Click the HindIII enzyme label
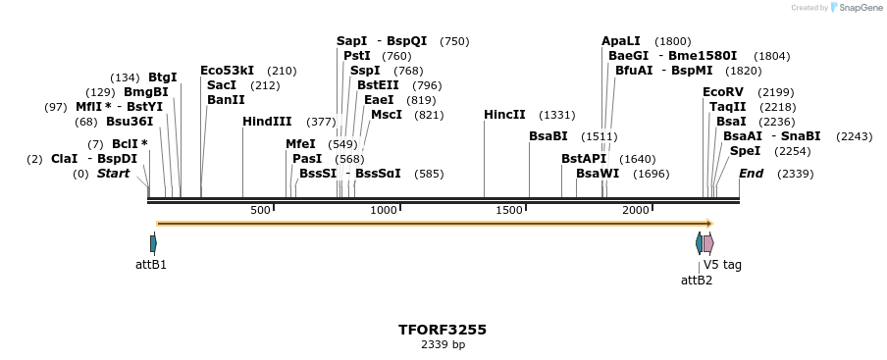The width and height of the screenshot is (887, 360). (x=267, y=122)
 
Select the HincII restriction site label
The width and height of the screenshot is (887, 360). (x=504, y=115)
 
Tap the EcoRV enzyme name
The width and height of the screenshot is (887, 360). (x=722, y=92)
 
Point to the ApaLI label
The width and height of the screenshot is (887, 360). (x=620, y=41)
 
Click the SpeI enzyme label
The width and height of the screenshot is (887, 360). (x=745, y=151)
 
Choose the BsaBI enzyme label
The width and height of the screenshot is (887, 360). (x=548, y=136)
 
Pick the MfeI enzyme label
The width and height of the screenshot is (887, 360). (x=300, y=144)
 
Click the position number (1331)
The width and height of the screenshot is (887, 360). (x=557, y=115)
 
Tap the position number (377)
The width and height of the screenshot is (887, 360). (x=321, y=122)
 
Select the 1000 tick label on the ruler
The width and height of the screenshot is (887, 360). (x=384, y=211)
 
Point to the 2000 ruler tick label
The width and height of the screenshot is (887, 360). (x=636, y=211)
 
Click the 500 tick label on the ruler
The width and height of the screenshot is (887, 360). (x=260, y=211)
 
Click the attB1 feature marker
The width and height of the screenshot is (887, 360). (x=153, y=243)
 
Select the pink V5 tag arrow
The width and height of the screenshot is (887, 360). (x=708, y=243)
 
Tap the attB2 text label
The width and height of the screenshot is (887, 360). (x=697, y=281)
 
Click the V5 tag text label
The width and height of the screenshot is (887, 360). (x=722, y=265)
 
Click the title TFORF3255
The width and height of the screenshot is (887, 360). (x=443, y=330)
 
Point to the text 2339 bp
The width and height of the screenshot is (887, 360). (x=443, y=345)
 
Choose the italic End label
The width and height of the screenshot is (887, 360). (x=751, y=174)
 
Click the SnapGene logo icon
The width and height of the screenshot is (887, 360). (x=835, y=8)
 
